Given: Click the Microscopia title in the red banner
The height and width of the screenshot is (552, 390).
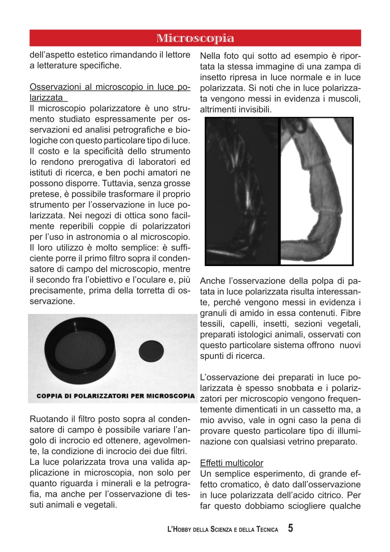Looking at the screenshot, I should (x=195, y=38).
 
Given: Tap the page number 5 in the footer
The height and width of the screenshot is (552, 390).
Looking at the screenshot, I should (x=291, y=528).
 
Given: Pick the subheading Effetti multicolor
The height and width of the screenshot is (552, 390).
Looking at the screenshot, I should (x=231, y=463).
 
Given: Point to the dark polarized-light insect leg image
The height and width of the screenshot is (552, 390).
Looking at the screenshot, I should (x=243, y=191).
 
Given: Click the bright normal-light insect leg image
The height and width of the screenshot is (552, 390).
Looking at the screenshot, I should (x=316, y=191).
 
